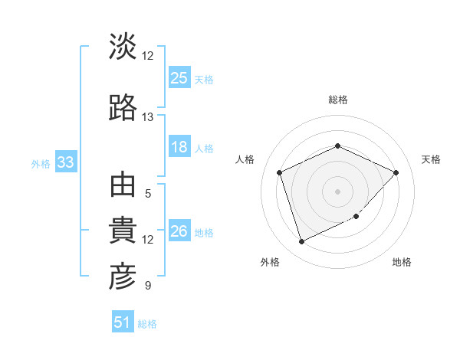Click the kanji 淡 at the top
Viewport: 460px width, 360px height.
[123, 47]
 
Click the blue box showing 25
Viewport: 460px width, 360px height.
[179, 78]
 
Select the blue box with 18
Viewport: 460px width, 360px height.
[179, 147]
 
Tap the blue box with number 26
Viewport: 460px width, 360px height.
[179, 231]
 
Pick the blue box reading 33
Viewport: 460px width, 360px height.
[65, 162]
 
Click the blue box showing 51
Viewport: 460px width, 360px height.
[123, 322]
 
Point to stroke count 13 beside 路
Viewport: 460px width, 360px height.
[147, 117]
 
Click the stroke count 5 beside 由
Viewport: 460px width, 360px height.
[147, 194]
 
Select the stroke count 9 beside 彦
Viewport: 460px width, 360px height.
[147, 286]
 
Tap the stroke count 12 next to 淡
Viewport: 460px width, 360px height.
[147, 56]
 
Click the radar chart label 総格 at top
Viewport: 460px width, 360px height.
[337, 100]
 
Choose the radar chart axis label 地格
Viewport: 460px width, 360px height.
[402, 262]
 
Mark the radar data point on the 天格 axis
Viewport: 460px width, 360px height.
[396, 172]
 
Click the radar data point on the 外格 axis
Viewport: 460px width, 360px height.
[301, 242]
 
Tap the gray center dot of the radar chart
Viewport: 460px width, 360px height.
[337, 191]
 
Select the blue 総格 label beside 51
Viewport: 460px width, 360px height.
[147, 324]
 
